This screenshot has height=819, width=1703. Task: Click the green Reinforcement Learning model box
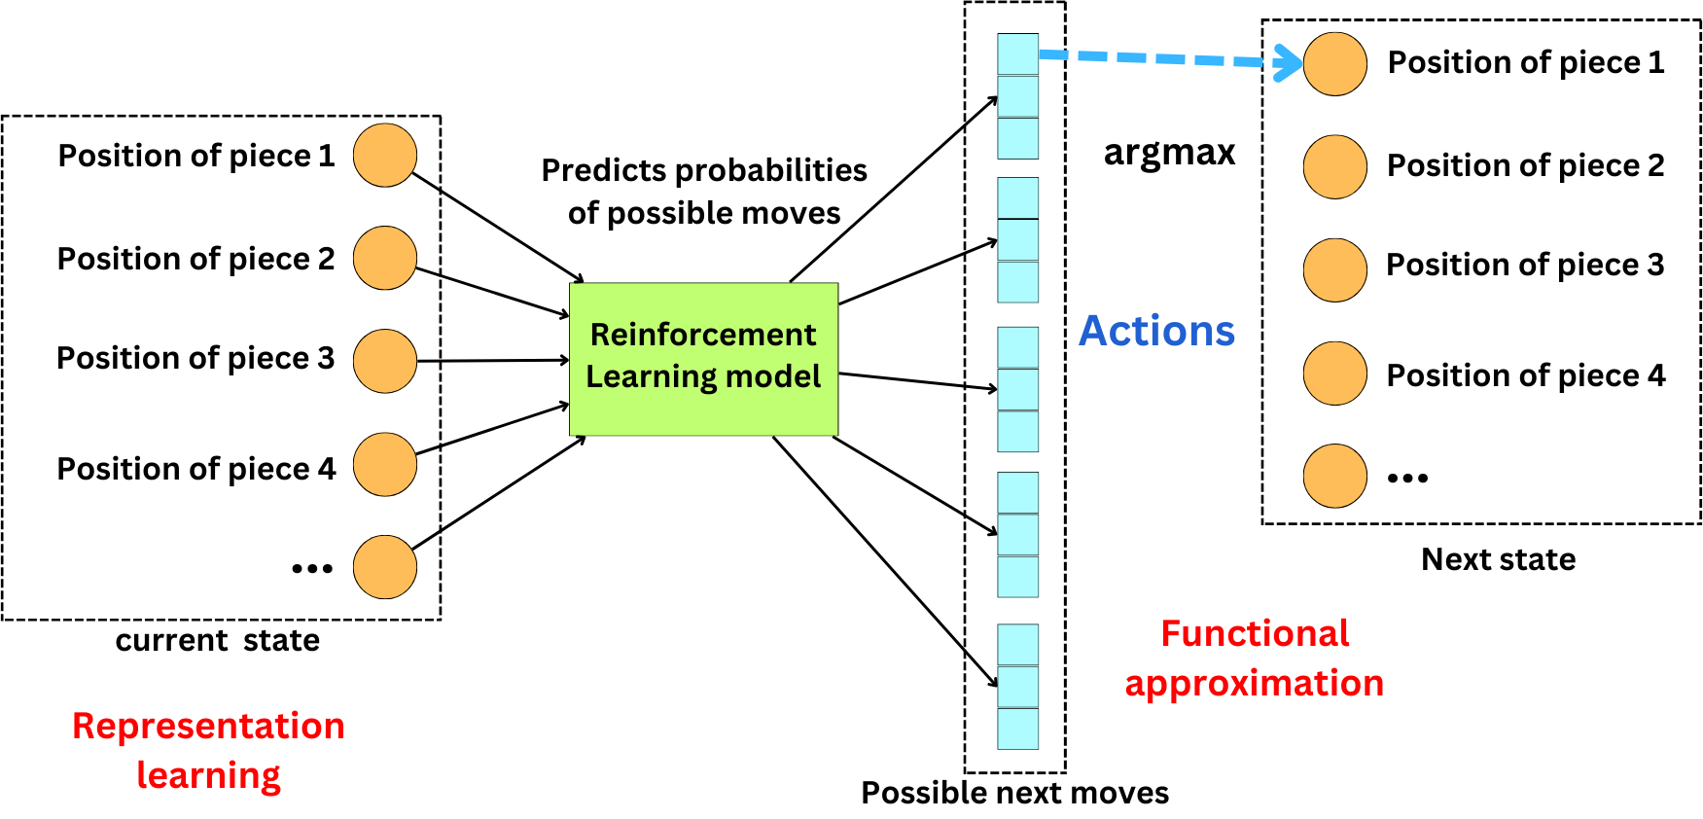tap(703, 359)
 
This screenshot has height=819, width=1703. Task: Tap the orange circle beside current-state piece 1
tap(384, 156)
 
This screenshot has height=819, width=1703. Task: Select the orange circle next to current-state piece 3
tap(384, 361)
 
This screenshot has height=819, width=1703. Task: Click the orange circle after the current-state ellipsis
tap(384, 567)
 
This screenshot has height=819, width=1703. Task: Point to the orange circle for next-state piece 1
tap(1334, 64)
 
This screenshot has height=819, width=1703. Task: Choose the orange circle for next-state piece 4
tap(1334, 374)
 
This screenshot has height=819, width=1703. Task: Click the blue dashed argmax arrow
tap(1157, 58)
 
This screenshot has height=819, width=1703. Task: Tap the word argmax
tap(1169, 153)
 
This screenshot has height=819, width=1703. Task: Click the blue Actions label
tap(1156, 332)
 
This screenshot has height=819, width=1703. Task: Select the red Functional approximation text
tap(1254, 659)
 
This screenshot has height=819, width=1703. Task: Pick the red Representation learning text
tap(208, 750)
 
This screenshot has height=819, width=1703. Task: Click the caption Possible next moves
tap(1014, 793)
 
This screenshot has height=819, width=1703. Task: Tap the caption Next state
tap(1498, 559)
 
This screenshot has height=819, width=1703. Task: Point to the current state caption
tap(217, 641)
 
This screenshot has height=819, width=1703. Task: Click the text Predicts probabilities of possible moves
tap(703, 192)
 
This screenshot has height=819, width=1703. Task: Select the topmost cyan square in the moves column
tap(1017, 54)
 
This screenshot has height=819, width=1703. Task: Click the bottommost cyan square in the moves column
tap(1017, 729)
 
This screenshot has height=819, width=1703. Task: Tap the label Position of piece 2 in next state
tap(1525, 166)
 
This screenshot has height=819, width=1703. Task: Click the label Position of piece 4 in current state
tap(195, 469)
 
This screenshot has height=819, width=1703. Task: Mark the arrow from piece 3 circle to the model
tap(491, 361)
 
